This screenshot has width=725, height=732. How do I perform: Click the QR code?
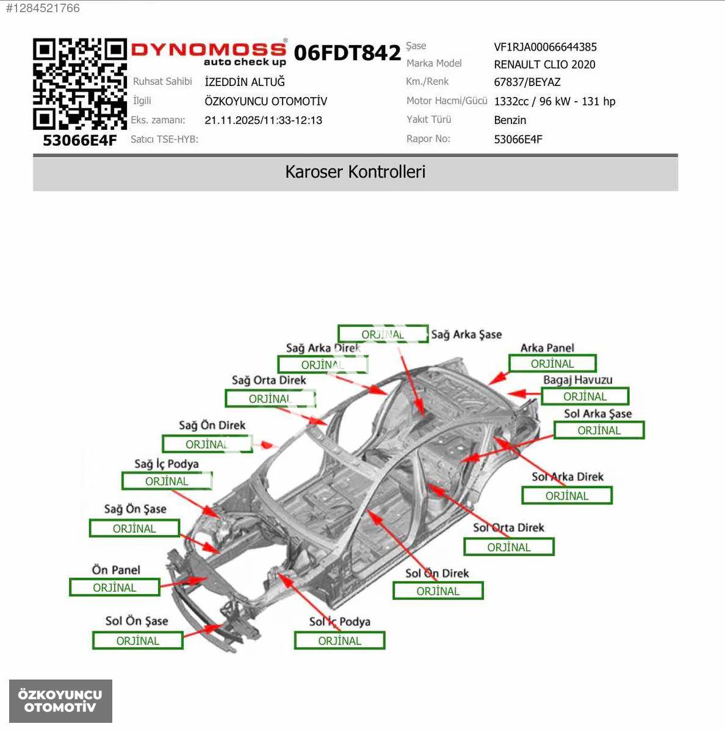point(80,84)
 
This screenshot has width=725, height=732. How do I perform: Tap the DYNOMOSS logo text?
point(209,49)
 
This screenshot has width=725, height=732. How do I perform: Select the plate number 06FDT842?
point(347,52)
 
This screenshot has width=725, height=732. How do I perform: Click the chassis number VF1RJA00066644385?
point(545,47)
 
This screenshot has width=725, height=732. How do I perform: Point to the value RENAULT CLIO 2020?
point(544,65)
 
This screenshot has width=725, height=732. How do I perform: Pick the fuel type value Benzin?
point(510,120)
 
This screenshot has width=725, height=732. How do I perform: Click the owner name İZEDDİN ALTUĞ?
point(245,82)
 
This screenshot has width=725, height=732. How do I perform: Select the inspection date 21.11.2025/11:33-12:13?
point(263,120)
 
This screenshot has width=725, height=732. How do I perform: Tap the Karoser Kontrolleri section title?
point(355,171)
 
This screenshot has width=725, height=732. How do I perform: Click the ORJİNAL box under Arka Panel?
point(552,364)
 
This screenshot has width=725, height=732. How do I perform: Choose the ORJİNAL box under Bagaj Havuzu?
point(585,396)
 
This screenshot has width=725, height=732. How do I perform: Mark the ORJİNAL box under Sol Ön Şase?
point(138,640)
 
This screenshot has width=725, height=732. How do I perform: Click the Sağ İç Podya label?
point(167,464)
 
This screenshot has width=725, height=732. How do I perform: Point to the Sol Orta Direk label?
point(508,527)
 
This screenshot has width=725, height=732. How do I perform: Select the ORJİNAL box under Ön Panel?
point(115,587)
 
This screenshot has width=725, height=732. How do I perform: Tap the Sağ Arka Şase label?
point(466,334)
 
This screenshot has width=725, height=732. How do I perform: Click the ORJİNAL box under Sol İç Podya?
point(339,640)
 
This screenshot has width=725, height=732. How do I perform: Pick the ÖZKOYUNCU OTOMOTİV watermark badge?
point(60,701)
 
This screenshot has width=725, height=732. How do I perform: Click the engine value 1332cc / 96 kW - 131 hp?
point(555,101)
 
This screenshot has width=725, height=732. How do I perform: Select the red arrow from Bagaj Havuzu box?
point(524,394)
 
